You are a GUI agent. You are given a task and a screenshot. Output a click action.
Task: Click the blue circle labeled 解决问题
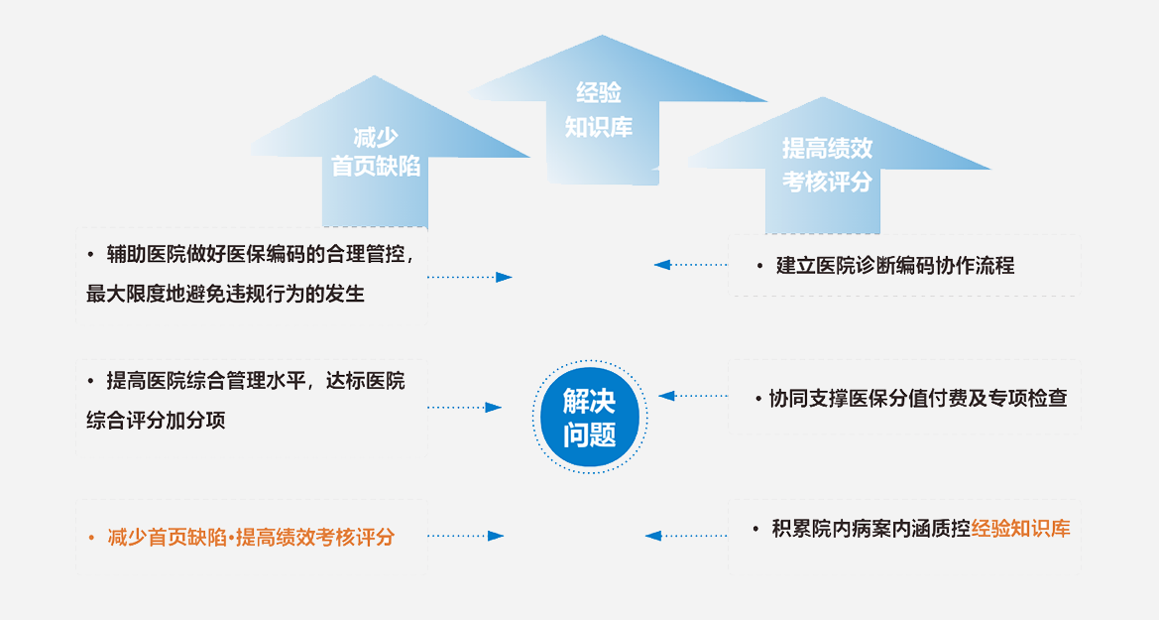[x=589, y=417]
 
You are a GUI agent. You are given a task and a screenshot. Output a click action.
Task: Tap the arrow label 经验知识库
[x=599, y=110]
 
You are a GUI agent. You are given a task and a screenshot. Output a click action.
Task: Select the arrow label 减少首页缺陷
[x=376, y=152]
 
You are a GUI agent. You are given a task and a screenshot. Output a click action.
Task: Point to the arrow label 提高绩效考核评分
[x=827, y=165]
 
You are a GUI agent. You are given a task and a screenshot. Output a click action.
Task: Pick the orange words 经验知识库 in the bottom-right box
[x=1021, y=529]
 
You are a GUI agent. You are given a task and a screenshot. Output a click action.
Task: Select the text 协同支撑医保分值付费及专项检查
[x=918, y=398]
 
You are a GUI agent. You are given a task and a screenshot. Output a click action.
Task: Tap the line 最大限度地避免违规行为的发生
[x=225, y=294]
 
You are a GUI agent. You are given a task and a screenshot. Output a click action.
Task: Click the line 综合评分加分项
[x=156, y=421]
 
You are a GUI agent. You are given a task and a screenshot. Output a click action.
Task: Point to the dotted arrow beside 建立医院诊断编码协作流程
[x=691, y=264]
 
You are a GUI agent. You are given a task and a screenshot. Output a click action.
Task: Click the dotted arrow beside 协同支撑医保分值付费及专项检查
[x=693, y=396]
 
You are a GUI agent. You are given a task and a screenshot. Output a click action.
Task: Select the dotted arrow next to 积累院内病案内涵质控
[x=686, y=536]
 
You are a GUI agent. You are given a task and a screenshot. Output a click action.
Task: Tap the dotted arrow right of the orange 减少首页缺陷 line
[x=466, y=536]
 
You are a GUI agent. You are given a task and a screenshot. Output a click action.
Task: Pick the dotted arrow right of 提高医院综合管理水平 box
[x=465, y=407]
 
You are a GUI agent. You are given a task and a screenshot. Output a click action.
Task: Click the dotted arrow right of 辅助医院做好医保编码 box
[x=470, y=278]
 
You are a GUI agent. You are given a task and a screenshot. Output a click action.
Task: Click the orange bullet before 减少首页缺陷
[x=91, y=537]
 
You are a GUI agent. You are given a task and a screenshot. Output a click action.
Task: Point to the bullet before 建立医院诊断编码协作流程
[x=759, y=266]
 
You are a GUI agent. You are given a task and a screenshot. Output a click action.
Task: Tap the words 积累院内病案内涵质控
[x=871, y=529]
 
